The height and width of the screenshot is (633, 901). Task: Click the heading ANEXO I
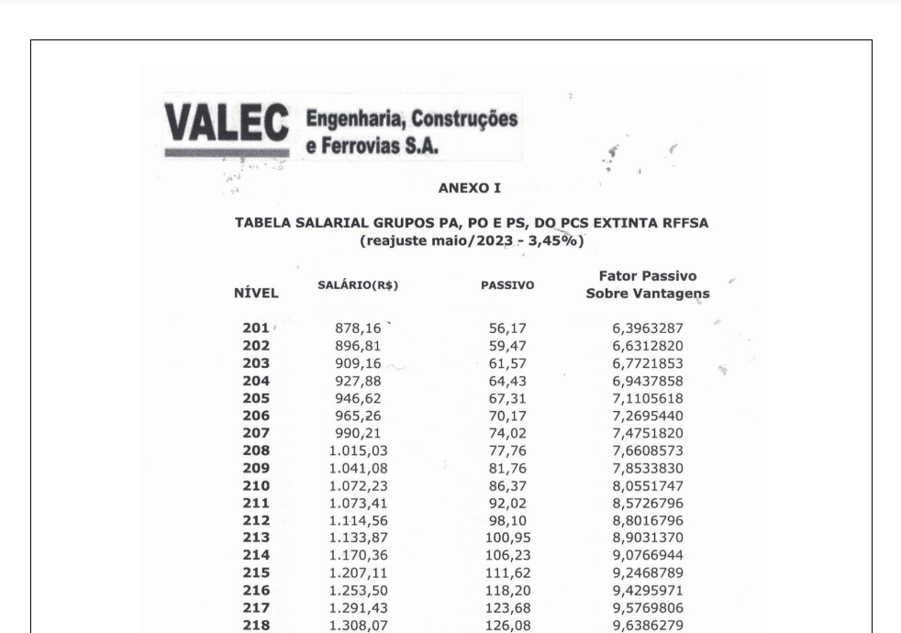(470, 188)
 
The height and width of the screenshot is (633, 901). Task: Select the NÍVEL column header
(256, 293)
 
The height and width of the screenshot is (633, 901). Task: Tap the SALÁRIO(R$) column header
(358, 285)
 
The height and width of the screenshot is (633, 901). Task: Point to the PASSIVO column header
(507, 286)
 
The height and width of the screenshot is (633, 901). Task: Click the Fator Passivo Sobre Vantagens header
(647, 284)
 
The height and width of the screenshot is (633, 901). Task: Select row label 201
(256, 328)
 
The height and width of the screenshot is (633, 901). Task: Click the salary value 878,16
(358, 328)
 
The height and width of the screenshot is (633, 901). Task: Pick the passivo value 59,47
(507, 346)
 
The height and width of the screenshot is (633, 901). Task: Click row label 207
(256, 433)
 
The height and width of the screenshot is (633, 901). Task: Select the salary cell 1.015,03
(358, 450)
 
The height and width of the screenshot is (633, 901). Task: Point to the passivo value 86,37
(507, 485)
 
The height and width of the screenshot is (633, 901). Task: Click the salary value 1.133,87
(358, 538)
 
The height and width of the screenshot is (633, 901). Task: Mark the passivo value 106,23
(507, 555)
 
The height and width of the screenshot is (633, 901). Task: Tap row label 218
(256, 625)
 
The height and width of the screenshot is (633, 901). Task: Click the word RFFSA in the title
(680, 223)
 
